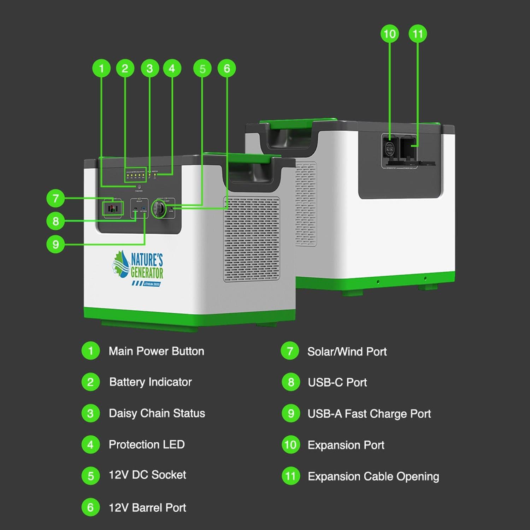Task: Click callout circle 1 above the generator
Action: [x=101, y=68]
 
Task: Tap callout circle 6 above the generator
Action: [x=226, y=68]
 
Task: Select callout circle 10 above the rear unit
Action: [x=389, y=34]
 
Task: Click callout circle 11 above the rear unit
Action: [x=418, y=34]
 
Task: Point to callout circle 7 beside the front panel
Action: [x=55, y=198]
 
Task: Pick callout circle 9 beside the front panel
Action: [x=55, y=244]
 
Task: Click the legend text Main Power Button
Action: [x=156, y=351]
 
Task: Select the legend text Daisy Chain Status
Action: [x=157, y=413]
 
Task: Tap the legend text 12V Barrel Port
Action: [x=147, y=508]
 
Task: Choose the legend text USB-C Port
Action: [x=337, y=382]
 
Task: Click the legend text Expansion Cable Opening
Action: [x=373, y=476]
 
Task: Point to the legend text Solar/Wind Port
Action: [x=347, y=352]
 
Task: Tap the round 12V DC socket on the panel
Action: [x=159, y=209]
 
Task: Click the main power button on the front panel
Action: [x=139, y=187]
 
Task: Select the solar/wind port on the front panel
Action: [x=113, y=208]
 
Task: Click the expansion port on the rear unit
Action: [x=389, y=149]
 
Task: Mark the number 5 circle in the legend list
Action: [x=90, y=476]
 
